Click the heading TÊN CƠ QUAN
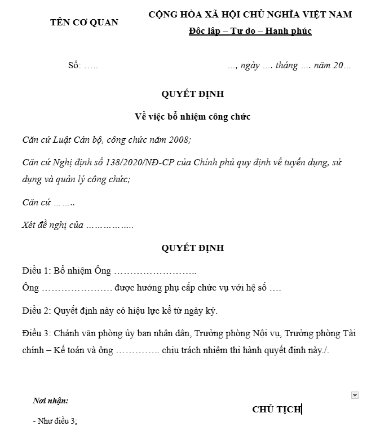[x=84, y=23]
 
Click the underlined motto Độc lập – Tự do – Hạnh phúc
[x=250, y=31]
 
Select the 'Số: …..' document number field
[x=83, y=65]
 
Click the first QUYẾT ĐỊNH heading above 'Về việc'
[x=192, y=94]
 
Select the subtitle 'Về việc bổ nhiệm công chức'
[x=192, y=117]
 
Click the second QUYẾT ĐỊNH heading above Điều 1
[x=192, y=248]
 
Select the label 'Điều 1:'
[x=37, y=271]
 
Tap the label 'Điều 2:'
[x=37, y=311]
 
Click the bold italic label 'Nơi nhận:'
[x=51, y=401]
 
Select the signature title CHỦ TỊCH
[x=277, y=410]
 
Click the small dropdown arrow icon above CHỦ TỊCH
[x=355, y=395]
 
